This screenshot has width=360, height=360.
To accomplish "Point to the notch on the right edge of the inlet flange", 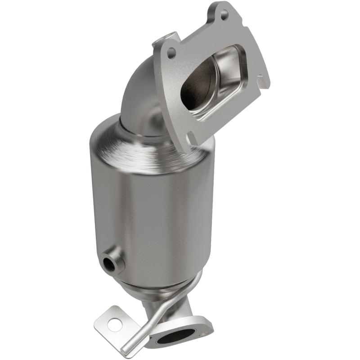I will (x=260, y=79).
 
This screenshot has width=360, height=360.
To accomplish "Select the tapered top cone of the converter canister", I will (x=135, y=135).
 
